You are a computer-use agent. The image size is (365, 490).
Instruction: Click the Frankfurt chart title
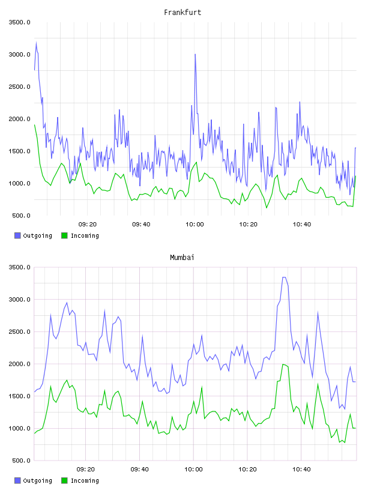182,13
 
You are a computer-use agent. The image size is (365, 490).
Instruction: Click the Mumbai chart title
182,258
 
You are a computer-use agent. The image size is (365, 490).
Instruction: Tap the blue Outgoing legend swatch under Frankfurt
17,235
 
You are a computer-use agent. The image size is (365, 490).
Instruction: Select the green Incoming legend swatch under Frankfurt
64,235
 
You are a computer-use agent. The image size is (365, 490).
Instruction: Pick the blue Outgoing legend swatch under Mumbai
17,480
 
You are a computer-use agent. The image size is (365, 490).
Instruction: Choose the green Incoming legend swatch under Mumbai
64,480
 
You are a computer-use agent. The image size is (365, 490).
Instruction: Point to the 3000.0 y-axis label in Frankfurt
20,55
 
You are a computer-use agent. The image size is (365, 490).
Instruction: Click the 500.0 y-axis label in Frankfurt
21,216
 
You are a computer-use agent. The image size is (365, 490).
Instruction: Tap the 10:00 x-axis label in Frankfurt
195,225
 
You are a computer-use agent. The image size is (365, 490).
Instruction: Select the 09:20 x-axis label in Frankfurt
88,225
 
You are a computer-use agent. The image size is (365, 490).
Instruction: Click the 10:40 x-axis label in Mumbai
301,470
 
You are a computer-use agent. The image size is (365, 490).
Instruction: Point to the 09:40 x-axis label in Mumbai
140,470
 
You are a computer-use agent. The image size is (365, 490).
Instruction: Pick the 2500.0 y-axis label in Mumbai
20,332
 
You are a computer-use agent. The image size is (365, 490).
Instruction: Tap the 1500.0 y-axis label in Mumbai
20,396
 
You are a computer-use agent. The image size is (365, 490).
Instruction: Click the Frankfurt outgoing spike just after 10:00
195,55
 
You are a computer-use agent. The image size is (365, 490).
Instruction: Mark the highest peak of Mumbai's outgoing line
284,277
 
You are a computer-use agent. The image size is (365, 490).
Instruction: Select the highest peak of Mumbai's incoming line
283,364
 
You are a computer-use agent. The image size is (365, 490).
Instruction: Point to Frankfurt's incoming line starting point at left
34,125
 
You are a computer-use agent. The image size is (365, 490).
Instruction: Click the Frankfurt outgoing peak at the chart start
36,43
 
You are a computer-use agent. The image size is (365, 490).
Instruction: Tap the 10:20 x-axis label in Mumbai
247,470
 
